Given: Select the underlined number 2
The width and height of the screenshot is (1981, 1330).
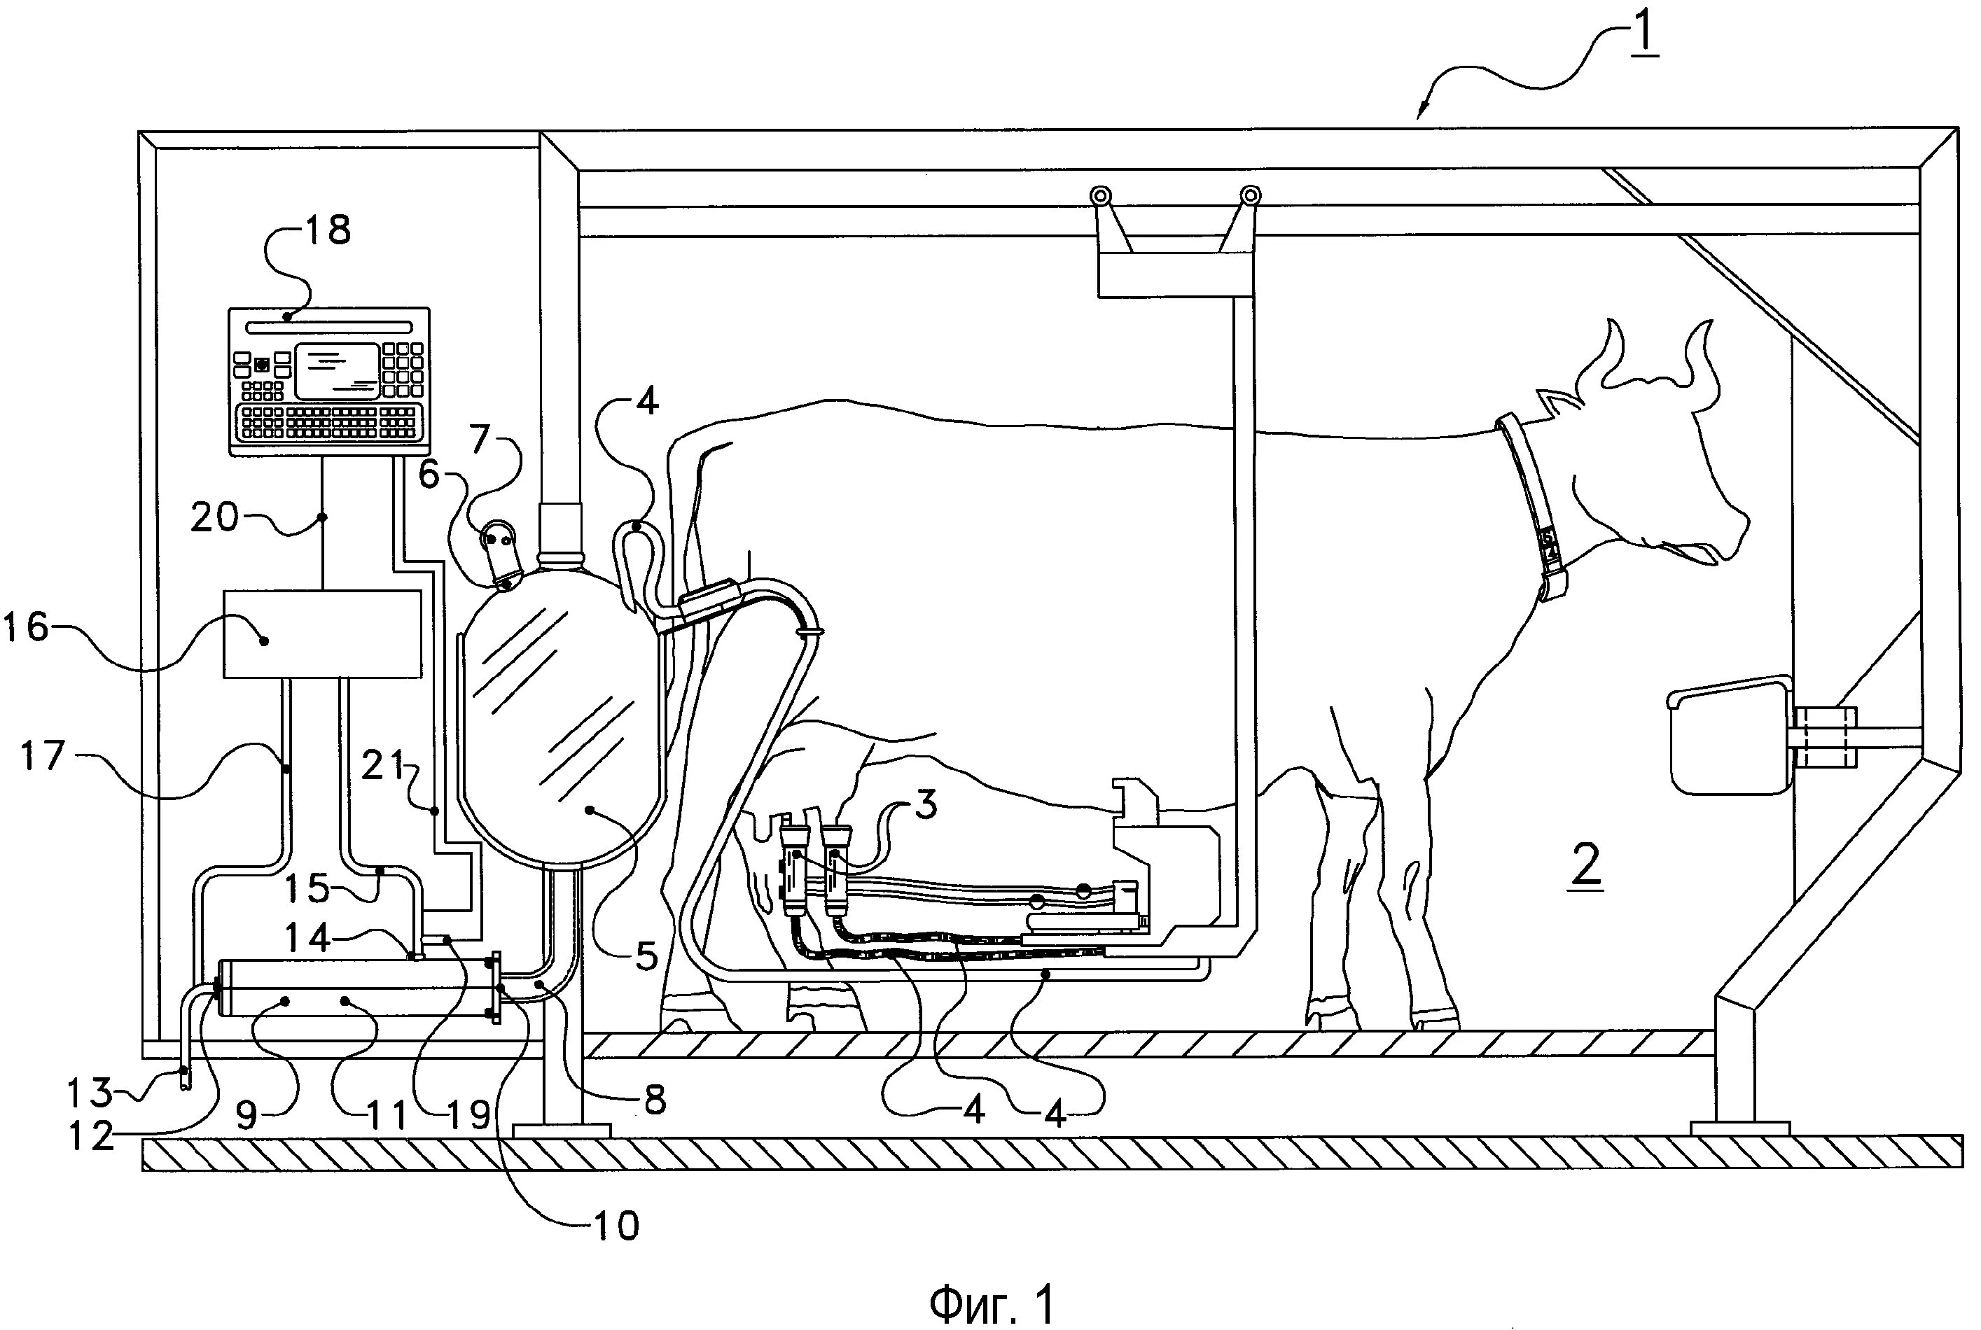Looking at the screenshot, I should tap(1587, 864).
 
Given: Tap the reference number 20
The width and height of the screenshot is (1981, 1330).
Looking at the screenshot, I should tap(214, 517).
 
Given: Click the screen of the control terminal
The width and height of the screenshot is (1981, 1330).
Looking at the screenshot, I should tap(338, 372).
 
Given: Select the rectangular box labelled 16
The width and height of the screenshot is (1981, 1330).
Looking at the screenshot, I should tap(322, 633).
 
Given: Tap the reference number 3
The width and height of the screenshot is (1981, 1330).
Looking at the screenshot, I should tap(926, 804).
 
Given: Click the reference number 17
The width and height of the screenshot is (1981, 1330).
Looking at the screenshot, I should tap(43, 753).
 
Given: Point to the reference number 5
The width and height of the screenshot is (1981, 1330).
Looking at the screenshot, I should tap(646, 956).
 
